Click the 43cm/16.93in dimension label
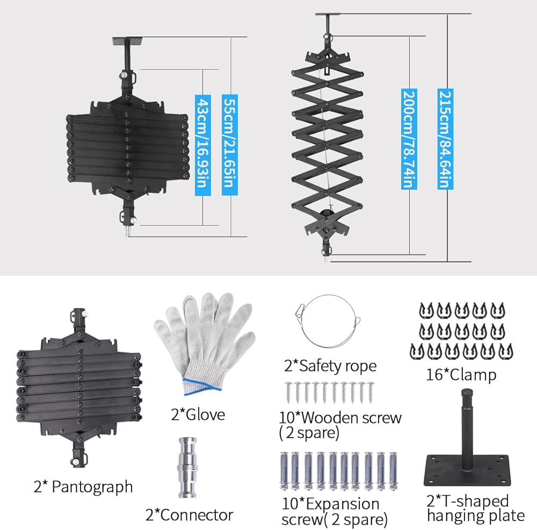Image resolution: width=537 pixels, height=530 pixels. point(203,145)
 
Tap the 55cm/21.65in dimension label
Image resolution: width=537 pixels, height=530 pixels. point(230,145)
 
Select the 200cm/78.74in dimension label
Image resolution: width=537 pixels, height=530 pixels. point(409,139)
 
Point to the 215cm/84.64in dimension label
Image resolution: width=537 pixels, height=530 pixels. point(445,139)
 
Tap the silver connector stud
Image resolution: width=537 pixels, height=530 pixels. point(187,468)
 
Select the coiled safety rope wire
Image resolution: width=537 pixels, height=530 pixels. point(328,320)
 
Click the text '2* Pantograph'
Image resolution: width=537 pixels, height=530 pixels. point(83,488)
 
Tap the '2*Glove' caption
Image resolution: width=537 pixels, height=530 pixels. point(198,415)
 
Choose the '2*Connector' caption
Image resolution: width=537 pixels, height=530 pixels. point(189,515)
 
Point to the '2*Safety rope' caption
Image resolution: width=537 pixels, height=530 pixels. point(330,367)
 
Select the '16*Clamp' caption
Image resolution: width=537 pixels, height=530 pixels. point(461,375)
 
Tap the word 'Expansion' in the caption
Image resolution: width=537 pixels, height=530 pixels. point(343,504)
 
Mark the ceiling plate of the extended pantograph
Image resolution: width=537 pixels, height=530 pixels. point(328,15)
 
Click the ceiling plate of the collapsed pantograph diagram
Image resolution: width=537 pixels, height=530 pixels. point(128,41)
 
